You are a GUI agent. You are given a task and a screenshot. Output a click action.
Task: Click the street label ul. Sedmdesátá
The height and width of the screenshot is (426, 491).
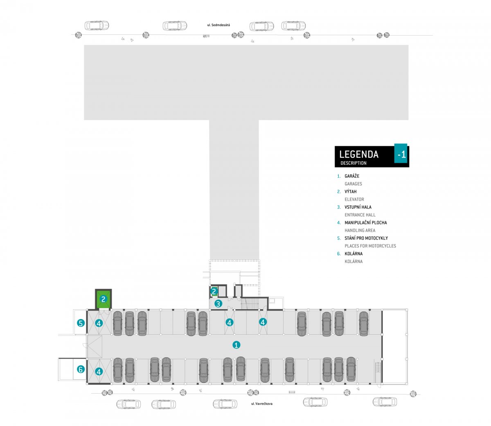[218, 25]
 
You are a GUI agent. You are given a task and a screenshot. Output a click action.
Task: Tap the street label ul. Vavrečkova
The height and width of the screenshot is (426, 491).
[262, 404]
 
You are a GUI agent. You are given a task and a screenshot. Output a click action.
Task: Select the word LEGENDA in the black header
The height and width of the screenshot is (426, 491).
[359, 154]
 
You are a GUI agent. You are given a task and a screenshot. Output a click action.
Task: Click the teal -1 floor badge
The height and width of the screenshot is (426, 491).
[401, 154]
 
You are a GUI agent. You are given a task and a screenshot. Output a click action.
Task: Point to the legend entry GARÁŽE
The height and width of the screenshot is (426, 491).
[352, 176]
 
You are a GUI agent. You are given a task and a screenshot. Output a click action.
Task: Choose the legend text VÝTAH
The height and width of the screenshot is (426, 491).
[351, 192]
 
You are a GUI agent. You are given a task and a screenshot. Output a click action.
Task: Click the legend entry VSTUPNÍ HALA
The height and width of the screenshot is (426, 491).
[358, 207]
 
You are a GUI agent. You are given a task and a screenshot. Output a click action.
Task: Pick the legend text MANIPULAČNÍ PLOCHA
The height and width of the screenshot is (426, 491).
[365, 223]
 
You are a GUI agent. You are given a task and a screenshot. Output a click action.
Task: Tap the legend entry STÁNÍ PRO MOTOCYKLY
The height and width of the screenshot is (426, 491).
[366, 238]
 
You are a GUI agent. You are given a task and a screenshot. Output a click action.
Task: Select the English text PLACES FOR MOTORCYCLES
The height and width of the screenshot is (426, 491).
[370, 246]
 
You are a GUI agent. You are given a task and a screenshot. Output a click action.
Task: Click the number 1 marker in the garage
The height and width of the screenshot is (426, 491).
[236, 345]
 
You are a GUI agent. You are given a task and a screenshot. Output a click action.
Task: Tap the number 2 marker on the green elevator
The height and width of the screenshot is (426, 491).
[104, 299]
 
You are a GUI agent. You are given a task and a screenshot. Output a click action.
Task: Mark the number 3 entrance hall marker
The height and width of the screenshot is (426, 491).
[218, 304]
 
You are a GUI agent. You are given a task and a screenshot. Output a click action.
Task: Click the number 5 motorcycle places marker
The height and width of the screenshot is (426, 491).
[81, 323]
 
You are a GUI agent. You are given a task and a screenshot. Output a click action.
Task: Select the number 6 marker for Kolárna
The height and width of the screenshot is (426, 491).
[81, 369]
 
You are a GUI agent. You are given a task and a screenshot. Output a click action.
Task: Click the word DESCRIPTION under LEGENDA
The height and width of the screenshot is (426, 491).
[354, 163]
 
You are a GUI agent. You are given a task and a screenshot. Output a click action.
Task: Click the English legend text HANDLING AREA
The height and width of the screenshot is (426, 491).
[360, 230]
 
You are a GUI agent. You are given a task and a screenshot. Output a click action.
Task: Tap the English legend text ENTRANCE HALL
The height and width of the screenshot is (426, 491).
[360, 215]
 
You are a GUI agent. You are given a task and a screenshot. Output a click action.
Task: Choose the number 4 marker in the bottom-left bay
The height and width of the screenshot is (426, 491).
[99, 372]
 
